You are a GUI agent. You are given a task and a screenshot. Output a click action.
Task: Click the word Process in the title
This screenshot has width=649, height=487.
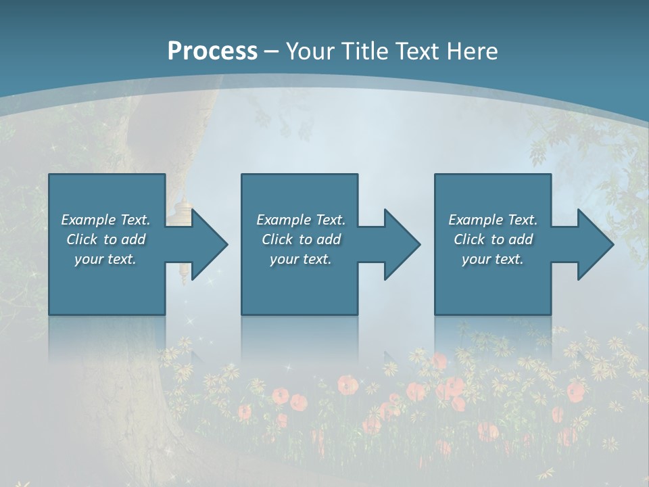click(212, 51)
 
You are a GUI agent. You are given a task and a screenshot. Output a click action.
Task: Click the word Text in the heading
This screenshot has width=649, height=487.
click(417, 51)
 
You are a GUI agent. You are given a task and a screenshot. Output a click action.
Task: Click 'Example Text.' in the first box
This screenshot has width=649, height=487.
click(105, 220)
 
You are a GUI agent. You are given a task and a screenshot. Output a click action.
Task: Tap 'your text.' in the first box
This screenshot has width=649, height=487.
click(105, 259)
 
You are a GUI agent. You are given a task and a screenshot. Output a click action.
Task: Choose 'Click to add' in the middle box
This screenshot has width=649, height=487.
click(301, 239)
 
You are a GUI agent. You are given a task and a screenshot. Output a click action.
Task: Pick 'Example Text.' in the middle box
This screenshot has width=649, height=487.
click(301, 220)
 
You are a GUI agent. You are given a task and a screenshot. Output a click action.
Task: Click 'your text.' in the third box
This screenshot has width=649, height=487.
click(493, 259)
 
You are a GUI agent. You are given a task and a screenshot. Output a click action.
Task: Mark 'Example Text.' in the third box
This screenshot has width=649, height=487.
click(493, 220)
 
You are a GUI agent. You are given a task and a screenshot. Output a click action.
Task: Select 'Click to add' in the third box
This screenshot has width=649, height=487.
click(493, 239)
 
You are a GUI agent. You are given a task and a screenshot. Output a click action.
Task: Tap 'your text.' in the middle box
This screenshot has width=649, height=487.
click(301, 259)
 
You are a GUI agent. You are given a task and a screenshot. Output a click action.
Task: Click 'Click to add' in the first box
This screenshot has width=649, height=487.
click(105, 239)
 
